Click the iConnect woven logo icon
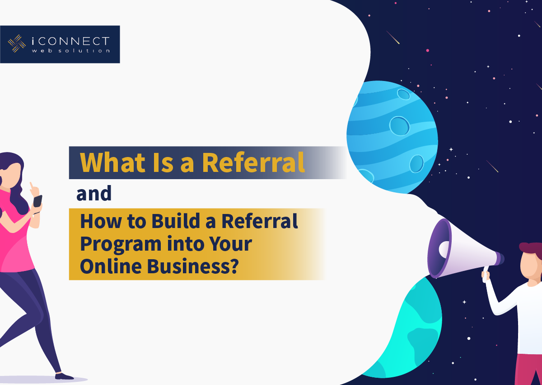tap(17, 43)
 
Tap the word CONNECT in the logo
tap(74, 41)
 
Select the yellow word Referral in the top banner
tap(253, 162)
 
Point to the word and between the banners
tap(94, 193)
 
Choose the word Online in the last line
tap(111, 266)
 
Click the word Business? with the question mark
tap(193, 266)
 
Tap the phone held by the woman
tap(37, 201)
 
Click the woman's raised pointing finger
tap(32, 186)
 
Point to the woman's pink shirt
tap(14, 233)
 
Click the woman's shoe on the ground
tap(64, 376)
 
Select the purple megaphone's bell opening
tap(439, 248)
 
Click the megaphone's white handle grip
tap(486, 275)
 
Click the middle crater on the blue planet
tap(399, 126)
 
